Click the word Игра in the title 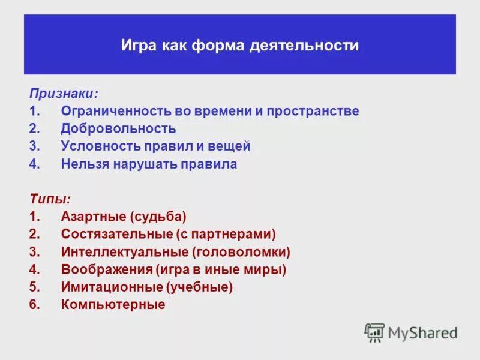coord(138,46)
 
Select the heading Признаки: coord(64,94)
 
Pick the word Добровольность coord(118,129)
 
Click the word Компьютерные coord(113,305)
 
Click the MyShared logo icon coord(374,332)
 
